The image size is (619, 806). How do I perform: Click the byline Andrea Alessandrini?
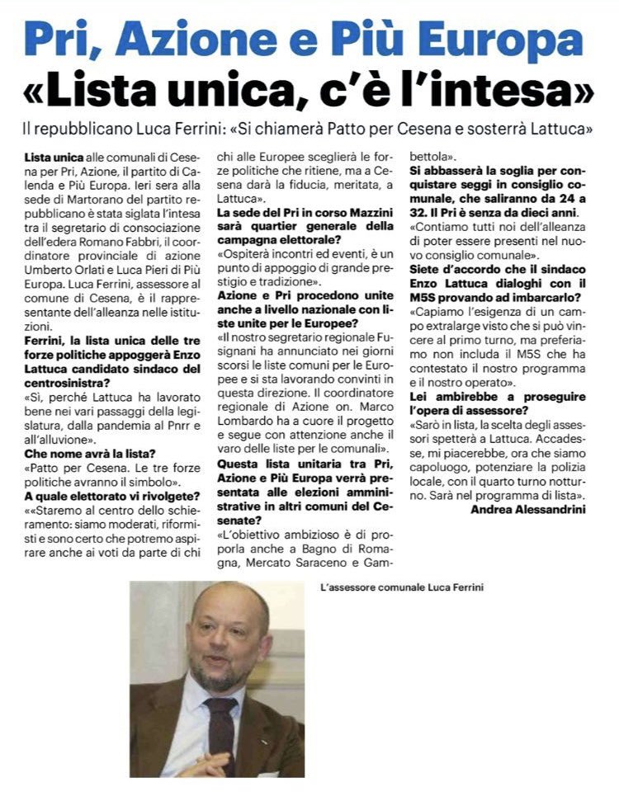point(530,509)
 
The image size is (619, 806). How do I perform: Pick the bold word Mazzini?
point(361,213)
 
